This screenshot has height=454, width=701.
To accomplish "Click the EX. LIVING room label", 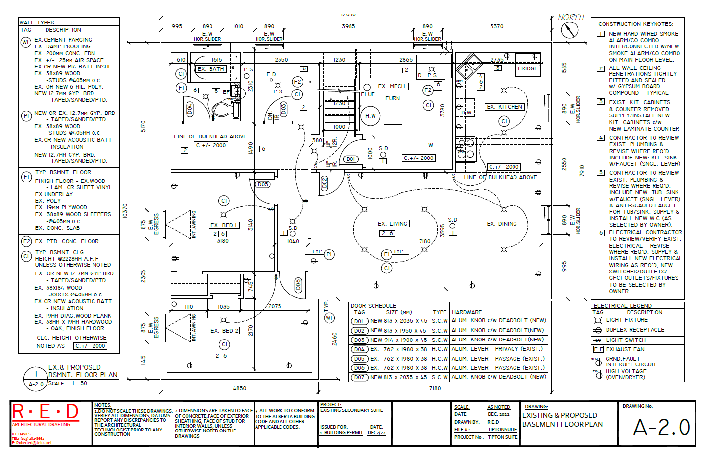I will (393, 224).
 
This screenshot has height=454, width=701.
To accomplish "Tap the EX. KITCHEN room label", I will (505, 107).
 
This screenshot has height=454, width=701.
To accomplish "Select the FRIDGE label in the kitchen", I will (528, 68).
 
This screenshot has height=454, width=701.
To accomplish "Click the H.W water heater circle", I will (371, 116).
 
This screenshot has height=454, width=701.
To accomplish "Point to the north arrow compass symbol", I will (569, 30).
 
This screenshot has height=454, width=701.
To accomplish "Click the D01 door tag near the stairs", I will (350, 159).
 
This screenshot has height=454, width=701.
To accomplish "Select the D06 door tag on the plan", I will (298, 285).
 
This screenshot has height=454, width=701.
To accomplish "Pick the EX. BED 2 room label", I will (224, 331).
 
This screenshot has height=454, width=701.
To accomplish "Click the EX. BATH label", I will (210, 69).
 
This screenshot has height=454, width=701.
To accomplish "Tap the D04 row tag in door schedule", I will (359, 349).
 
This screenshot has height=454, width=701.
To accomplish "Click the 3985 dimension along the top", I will (348, 26).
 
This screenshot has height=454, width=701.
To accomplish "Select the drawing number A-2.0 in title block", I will (661, 428).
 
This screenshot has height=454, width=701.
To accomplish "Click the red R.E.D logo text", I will (45, 412).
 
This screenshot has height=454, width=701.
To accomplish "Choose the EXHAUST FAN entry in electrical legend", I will (626, 349).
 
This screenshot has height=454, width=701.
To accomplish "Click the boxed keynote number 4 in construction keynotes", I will (601, 138).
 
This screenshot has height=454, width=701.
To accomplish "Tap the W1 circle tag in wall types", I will (25, 43).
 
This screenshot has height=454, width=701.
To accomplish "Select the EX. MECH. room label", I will (392, 86).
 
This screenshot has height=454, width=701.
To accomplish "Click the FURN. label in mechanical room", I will (393, 98).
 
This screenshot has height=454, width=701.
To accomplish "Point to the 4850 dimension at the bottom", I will (239, 388).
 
